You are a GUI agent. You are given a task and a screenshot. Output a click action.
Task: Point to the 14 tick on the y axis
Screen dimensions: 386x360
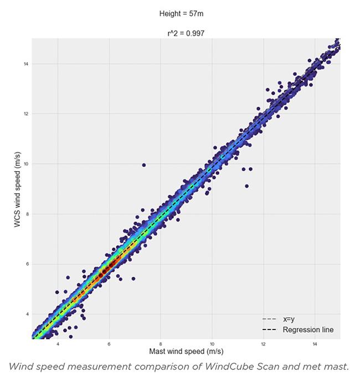26,64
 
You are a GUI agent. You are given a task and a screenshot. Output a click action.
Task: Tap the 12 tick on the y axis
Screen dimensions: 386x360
26,114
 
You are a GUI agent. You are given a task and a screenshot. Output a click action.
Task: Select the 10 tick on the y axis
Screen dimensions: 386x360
26,164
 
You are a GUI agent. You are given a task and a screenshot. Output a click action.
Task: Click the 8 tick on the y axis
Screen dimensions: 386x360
27,214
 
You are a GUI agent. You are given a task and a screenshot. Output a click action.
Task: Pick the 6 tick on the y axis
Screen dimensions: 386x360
27,264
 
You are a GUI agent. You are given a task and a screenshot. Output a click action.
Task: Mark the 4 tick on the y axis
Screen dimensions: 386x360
27,314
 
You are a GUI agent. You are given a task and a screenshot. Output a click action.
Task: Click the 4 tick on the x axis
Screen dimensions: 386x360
58,344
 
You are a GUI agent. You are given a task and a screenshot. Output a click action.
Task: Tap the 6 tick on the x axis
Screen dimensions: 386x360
109,344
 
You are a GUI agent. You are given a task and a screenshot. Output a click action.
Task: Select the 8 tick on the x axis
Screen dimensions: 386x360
161,344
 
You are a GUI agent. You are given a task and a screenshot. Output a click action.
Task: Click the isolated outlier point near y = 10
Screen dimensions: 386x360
144,165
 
